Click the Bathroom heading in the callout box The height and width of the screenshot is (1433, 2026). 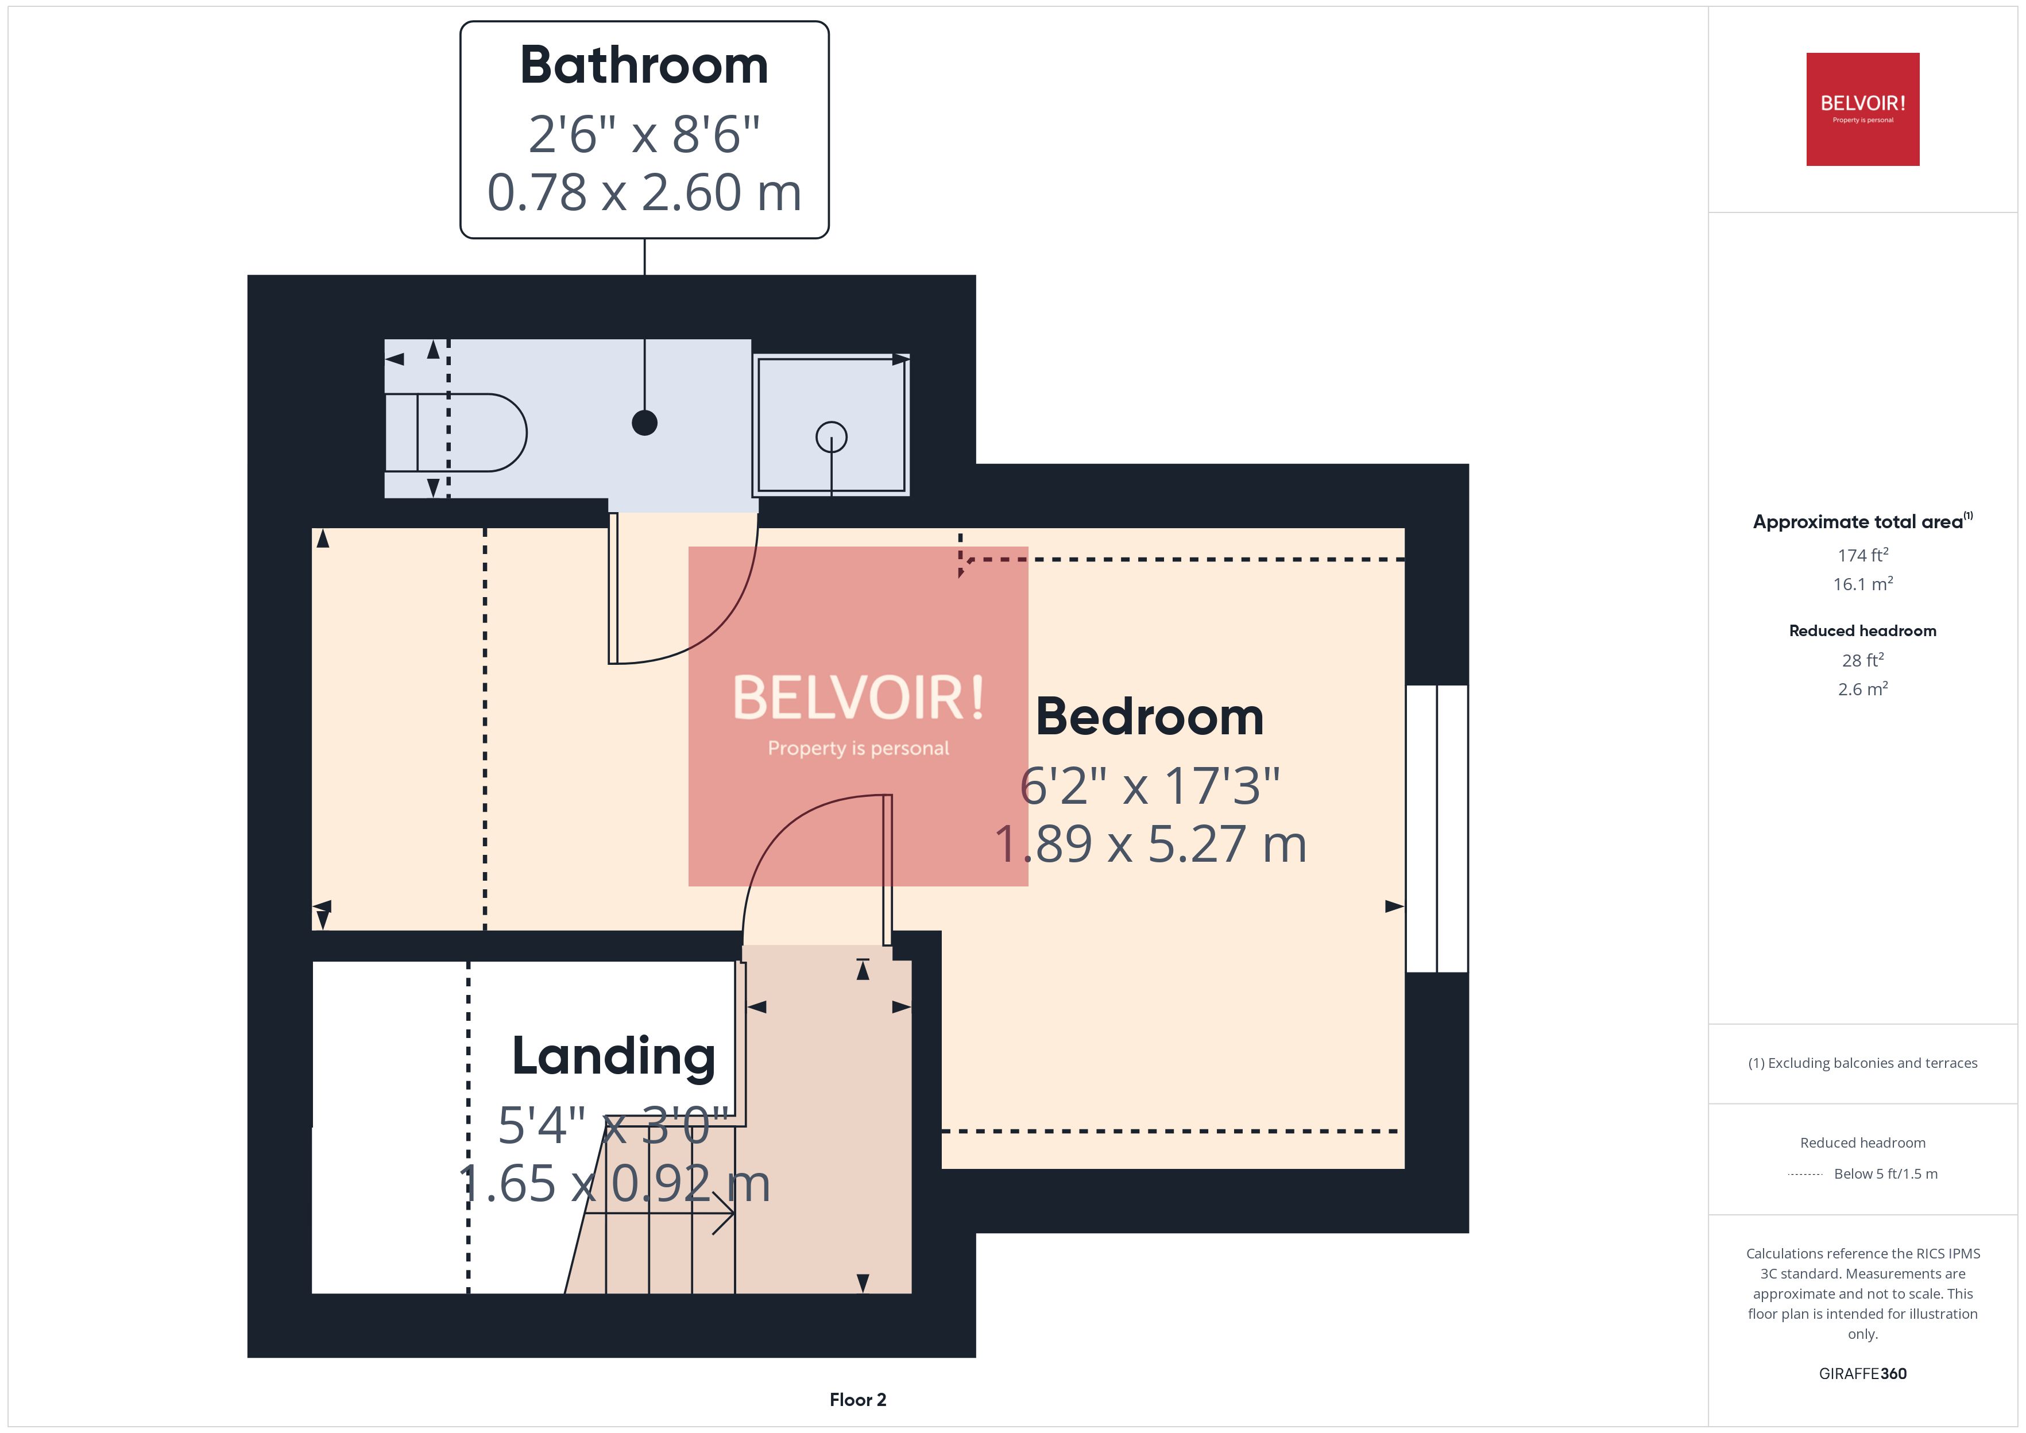(x=644, y=66)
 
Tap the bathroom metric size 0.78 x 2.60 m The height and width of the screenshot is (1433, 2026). (x=644, y=192)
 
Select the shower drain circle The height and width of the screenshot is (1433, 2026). (x=831, y=437)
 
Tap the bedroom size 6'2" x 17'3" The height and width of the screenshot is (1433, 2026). (x=1149, y=785)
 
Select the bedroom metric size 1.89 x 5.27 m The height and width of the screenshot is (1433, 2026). (x=1149, y=843)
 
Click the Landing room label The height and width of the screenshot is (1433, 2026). (x=613, y=1056)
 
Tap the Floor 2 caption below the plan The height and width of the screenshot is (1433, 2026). (x=857, y=1400)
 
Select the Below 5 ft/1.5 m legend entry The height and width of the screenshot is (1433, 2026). (x=1885, y=1173)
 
